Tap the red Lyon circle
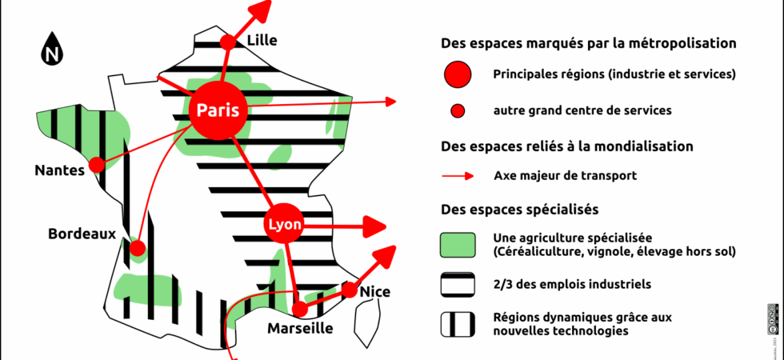[x=285, y=226]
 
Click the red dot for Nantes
[x=97, y=165]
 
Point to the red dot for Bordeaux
[x=137, y=247]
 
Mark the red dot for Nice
[x=350, y=290]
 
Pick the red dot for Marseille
[x=299, y=308]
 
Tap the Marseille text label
[x=300, y=329]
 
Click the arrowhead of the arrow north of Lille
[x=259, y=10]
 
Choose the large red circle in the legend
[x=458, y=74]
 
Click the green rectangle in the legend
[x=458, y=245]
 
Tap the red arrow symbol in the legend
[x=458, y=175]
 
